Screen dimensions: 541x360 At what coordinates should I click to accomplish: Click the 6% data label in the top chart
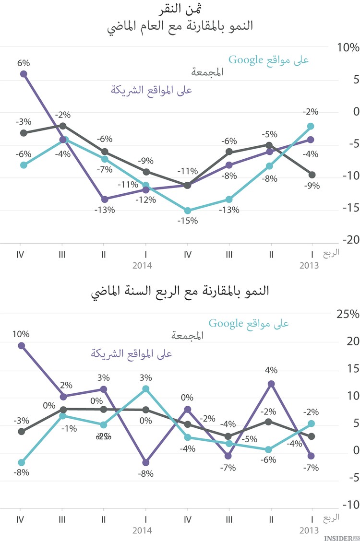(24, 63)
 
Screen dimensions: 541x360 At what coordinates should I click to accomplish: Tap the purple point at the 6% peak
(24, 74)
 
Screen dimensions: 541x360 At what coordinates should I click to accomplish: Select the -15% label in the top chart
(188, 221)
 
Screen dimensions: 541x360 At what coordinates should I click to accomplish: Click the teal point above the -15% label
(188, 211)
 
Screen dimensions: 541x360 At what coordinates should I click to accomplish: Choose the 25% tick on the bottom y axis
(348, 314)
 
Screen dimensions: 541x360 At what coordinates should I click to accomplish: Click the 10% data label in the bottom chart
(22, 334)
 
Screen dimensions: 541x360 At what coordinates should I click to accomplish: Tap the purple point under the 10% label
(22, 345)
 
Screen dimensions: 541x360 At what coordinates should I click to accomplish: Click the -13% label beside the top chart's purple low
(105, 210)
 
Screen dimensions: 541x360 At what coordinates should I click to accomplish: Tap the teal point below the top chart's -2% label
(311, 126)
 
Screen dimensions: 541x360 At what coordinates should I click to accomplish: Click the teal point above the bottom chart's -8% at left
(22, 462)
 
